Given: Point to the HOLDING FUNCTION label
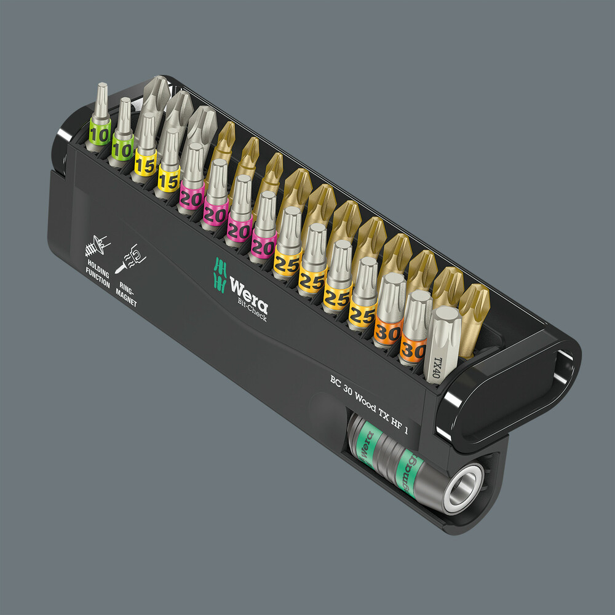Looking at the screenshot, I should pos(98,275).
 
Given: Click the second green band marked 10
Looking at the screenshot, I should pos(123,149).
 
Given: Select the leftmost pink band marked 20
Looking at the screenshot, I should pos(191,197).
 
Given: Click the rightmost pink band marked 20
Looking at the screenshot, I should pos(263,245).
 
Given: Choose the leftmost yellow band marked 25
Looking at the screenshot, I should pos(287,261).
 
